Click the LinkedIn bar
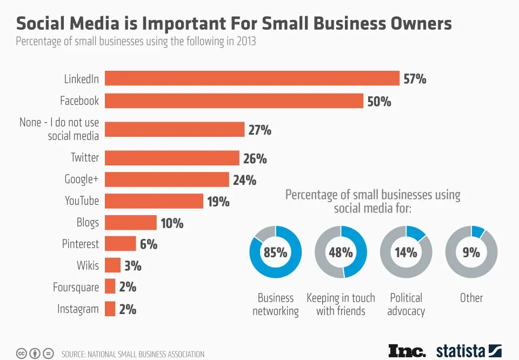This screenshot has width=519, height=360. click(252, 78)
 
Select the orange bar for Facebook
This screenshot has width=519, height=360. click(234, 101)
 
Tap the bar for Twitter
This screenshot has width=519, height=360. click(172, 158)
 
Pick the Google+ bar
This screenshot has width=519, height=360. click(167, 179)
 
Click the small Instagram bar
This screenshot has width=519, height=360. click(110, 309)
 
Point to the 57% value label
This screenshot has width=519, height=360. click(415, 79)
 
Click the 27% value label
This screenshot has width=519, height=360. click(259, 130)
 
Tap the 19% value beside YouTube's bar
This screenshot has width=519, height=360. click(218, 202)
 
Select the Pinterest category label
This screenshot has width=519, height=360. click(81, 244)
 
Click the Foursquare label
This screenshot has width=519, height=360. click(76, 287)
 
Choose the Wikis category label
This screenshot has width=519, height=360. click(88, 265)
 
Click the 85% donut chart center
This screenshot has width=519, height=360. click(275, 252)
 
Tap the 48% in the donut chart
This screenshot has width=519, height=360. click(341, 252)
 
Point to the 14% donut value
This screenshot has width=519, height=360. click(405, 252)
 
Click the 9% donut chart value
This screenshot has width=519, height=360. click(471, 252)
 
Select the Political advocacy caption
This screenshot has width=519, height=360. click(406, 304)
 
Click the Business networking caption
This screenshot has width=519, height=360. click(276, 304)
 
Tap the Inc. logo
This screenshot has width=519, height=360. click(407, 351)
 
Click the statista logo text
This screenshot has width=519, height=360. click(461, 351)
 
